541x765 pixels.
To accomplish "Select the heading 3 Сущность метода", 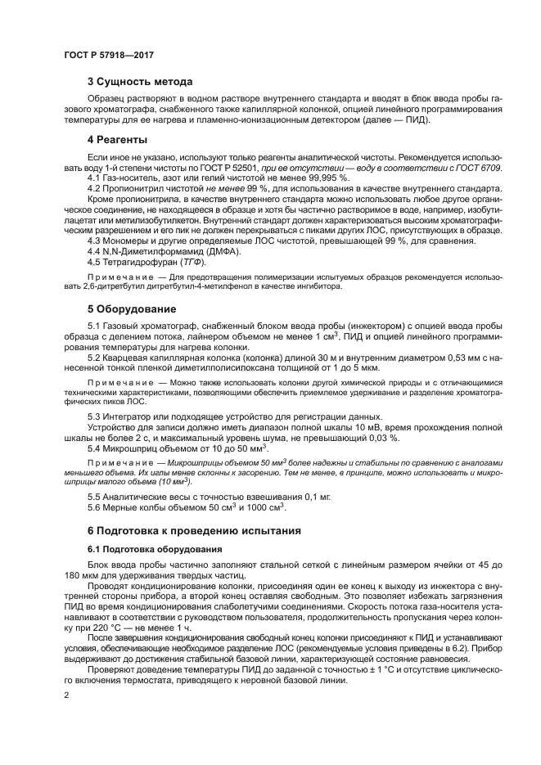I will (140, 82).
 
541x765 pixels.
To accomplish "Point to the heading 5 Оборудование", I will (131, 309).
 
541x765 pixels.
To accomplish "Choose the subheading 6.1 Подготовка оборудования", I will (150, 549).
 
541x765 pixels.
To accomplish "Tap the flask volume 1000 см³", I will (265, 507).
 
